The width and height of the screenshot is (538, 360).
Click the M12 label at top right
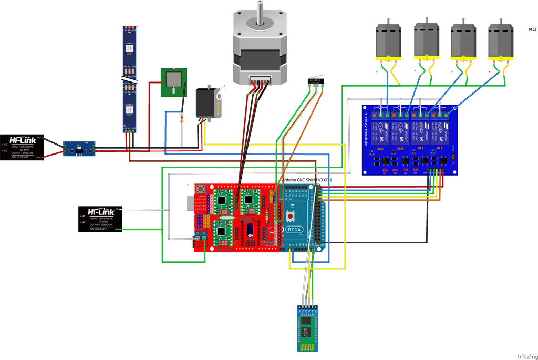533,29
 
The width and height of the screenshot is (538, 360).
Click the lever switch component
315,81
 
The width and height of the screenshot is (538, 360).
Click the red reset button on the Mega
290,216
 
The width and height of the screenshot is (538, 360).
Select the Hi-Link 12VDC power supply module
100,219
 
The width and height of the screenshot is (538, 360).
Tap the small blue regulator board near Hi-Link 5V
79,149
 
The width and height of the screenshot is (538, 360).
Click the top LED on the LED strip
129,49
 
